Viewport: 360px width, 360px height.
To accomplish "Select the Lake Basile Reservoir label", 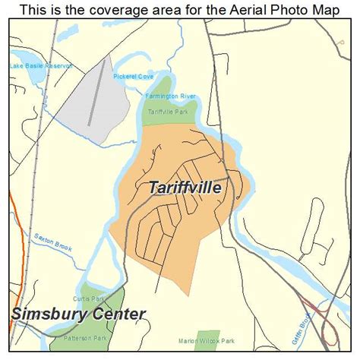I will [x=39, y=66].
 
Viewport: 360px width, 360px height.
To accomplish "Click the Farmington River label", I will [x=171, y=96].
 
